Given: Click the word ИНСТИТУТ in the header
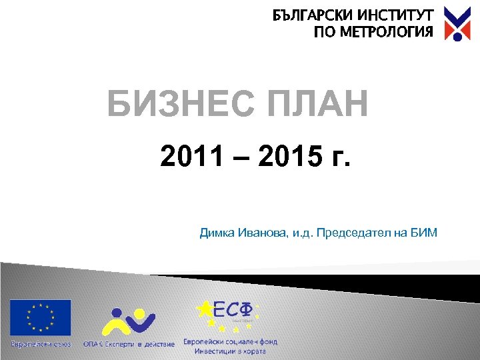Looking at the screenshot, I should [x=395, y=15].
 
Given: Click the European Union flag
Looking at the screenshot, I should [x=40, y=317].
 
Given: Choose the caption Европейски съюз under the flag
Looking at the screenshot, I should [x=40, y=343].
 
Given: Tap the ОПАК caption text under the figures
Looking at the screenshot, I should [x=129, y=344].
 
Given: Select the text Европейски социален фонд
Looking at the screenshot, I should [x=231, y=341].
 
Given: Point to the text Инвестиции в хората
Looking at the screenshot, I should [x=231, y=351].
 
